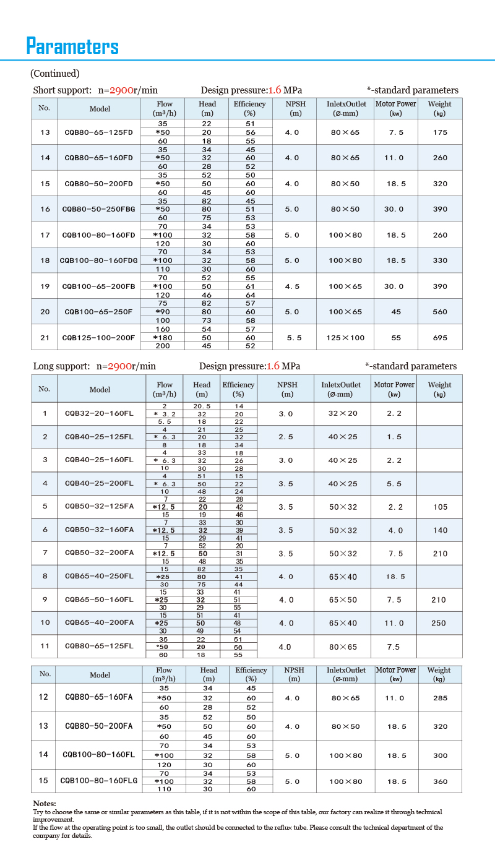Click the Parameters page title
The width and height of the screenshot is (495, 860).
(72, 46)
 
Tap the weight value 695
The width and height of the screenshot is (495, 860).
(440, 338)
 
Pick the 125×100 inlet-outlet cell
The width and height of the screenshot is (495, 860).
(345, 338)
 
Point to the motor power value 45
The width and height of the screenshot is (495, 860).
(396, 312)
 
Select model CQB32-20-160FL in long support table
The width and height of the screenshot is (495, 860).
(99, 413)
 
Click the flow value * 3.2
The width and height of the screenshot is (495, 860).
(165, 413)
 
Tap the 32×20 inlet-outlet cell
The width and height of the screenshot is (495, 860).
(343, 413)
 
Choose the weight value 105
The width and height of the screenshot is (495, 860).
(440, 507)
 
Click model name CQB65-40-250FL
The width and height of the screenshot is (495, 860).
(99, 577)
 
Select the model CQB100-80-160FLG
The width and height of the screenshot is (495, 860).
(99, 781)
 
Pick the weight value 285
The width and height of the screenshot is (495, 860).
(440, 698)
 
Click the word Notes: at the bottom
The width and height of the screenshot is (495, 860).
(44, 803)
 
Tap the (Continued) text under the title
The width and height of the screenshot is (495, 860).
(55, 74)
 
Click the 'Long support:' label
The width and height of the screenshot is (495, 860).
(61, 366)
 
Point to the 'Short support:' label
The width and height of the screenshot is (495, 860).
(62, 90)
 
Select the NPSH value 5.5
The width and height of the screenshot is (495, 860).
(295, 338)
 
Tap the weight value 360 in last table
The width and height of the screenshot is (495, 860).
(440, 781)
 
